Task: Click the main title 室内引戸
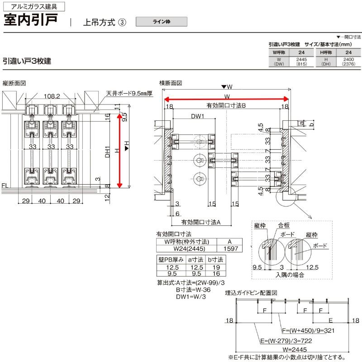(30, 21)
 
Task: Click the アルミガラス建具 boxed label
(30, 7)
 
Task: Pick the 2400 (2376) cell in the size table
(348, 62)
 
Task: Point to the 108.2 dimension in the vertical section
(53, 96)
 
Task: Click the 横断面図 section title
(171, 83)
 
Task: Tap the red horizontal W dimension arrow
(226, 99)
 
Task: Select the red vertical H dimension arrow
(120, 150)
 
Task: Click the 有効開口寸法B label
(226, 105)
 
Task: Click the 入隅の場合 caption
(289, 275)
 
